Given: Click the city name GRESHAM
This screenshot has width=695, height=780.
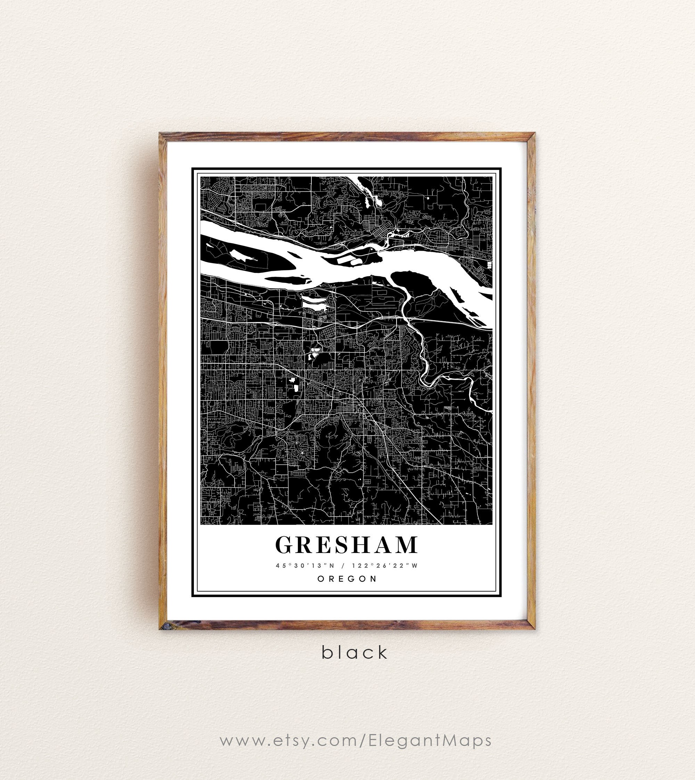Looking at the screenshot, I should (346, 545).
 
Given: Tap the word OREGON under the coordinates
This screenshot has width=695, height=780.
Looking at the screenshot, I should (347, 579).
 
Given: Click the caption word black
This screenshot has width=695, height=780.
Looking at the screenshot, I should (355, 652).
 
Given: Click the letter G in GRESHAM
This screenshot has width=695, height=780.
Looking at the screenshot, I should (285, 545).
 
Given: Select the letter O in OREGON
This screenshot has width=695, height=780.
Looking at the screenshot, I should (320, 579).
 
